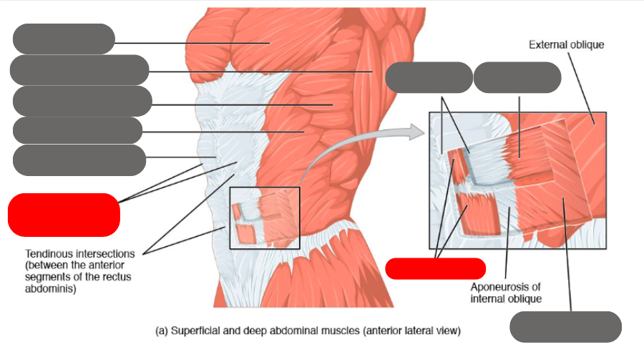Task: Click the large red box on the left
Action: pyautogui.click(x=63, y=214)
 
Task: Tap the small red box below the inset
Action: pyautogui.click(x=436, y=268)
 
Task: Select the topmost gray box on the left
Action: pyautogui.click(x=64, y=39)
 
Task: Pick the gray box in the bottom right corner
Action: pyautogui.click(x=565, y=326)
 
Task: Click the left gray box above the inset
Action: pyautogui.click(x=429, y=77)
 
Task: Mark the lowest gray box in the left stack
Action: pyautogui.click(x=79, y=160)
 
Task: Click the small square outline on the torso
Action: pyautogui.click(x=265, y=218)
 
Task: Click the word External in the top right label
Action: pyautogui.click(x=547, y=44)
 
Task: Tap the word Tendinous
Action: pyautogui.click(x=49, y=253)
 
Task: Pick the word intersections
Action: pyautogui.click(x=107, y=253)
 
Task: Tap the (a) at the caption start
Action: pyautogui.click(x=162, y=331)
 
